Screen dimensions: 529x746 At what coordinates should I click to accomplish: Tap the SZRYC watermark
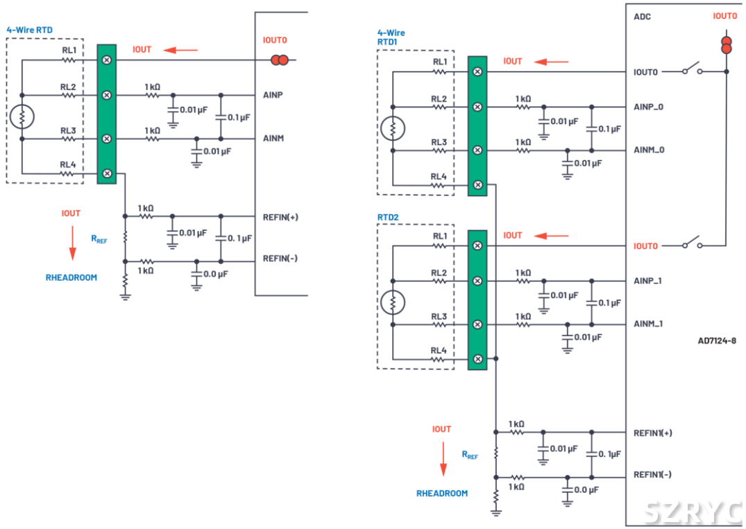point(691,512)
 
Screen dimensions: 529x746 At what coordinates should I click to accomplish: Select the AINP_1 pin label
point(648,281)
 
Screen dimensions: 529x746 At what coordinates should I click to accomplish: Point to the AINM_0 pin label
point(649,150)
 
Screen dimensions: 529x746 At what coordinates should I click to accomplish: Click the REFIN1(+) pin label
point(652,433)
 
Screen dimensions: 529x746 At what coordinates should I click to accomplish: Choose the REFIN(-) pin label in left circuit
point(280,259)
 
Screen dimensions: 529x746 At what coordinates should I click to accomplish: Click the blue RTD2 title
point(388,217)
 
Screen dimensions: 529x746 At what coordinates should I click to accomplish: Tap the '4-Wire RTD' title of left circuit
point(29,30)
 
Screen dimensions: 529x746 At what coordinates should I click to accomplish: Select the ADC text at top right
point(642,17)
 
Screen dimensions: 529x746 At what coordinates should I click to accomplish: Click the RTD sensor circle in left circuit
point(22,117)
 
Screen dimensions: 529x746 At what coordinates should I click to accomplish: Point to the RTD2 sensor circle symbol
point(393,302)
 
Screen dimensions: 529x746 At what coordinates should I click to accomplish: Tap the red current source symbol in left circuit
point(280,60)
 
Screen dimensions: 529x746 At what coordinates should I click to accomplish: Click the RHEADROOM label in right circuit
point(442,494)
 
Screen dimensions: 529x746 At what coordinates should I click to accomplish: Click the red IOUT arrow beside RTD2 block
point(552,236)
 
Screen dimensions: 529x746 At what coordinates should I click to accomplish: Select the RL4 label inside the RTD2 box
point(438,350)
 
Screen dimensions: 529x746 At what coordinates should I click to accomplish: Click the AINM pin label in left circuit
point(274,139)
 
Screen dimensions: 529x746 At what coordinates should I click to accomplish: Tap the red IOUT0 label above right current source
point(725,16)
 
